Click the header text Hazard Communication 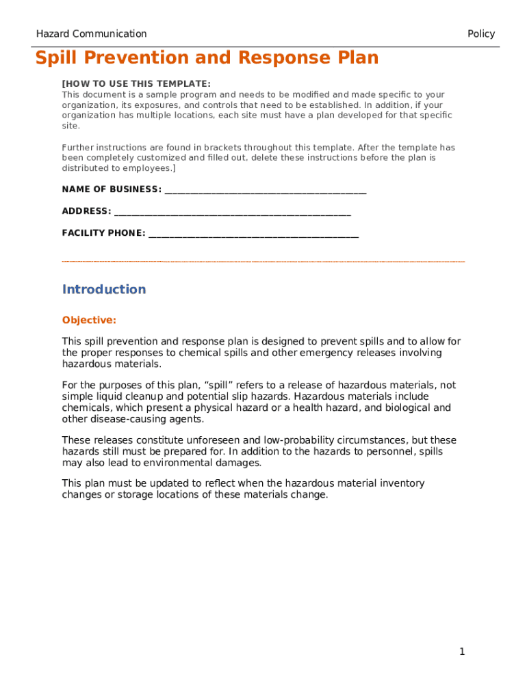tap(91, 33)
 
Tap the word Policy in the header tap(480, 33)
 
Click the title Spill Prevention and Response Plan tap(207, 58)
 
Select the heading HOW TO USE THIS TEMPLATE tap(137, 84)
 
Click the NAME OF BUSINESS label tap(112, 189)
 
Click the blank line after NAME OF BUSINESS tap(266, 190)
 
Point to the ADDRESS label tap(86, 211)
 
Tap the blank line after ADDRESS tap(233, 212)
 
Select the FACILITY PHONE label tap(103, 233)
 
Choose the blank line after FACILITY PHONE tap(253, 234)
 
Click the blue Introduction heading tap(104, 289)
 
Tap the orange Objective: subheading tap(89, 320)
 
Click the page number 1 tap(462, 651)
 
